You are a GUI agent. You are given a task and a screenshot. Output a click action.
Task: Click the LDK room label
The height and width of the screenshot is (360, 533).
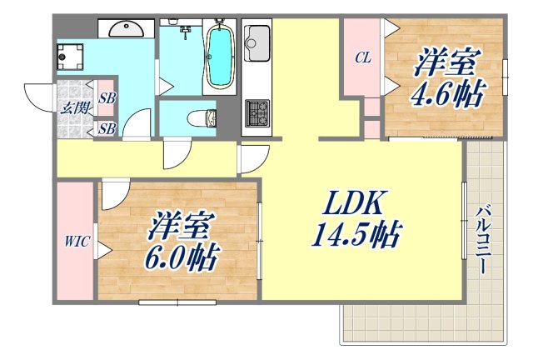350,202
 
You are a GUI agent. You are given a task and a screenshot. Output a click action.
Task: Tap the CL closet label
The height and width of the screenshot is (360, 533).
362,58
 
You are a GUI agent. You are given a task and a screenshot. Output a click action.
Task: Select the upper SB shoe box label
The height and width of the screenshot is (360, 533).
107,98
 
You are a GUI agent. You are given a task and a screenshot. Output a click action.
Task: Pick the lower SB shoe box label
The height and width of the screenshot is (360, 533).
107,128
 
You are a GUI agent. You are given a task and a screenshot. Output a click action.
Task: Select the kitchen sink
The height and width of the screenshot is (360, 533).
257,39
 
